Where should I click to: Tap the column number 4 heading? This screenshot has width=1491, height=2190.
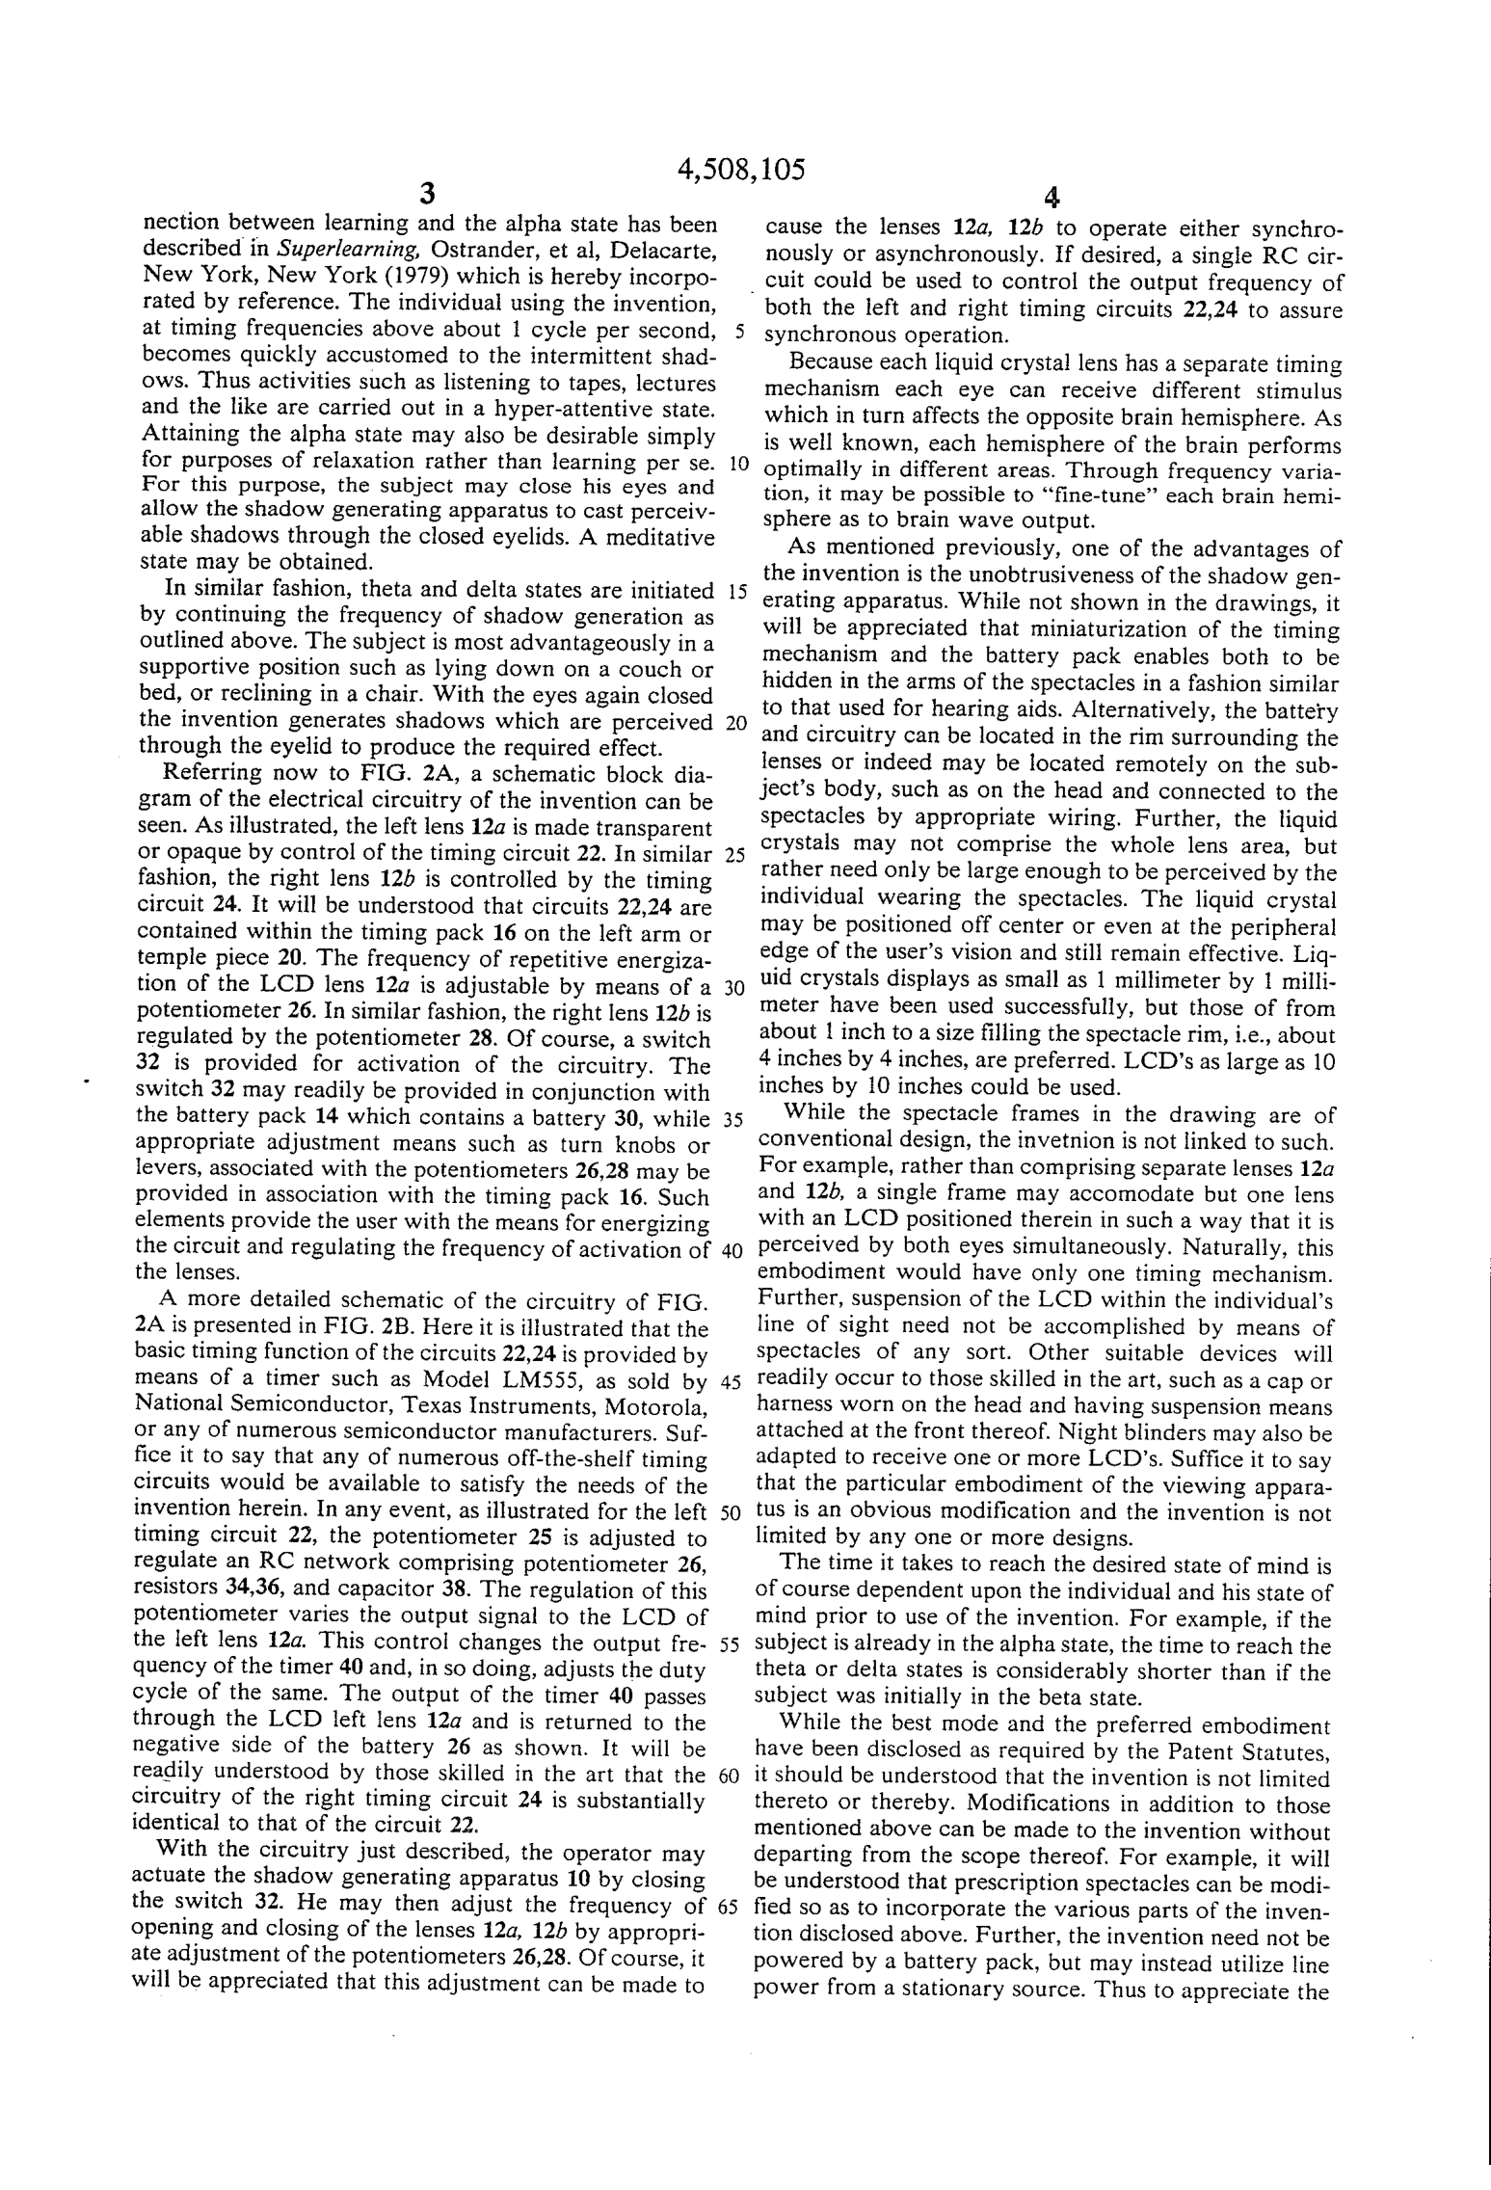tap(1052, 199)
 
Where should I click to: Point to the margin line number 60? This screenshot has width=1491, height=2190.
tap(730, 1776)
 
